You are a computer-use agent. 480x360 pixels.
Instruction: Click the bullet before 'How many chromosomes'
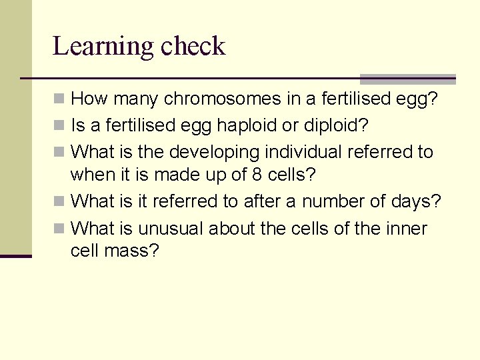point(59,100)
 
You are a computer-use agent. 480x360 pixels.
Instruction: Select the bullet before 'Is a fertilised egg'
point(59,126)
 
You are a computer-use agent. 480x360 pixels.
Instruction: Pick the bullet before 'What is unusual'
point(59,229)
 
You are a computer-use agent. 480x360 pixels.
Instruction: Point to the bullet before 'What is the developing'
point(59,153)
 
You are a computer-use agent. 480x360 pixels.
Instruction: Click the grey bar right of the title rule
point(407,79)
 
